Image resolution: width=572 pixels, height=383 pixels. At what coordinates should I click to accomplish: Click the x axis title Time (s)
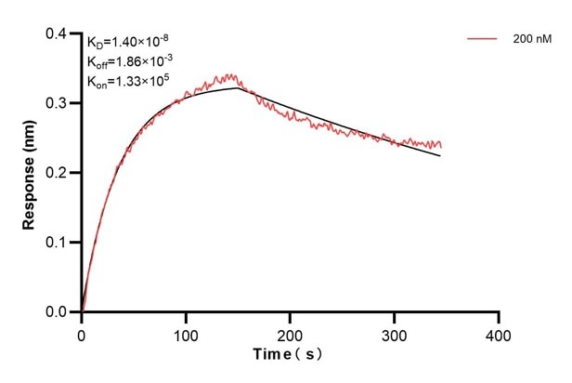[290, 355]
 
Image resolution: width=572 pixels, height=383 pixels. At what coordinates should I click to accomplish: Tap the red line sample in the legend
[483, 39]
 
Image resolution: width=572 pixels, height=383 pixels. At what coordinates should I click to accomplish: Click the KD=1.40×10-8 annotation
[127, 41]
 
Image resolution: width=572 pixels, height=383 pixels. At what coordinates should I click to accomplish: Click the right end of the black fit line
[440, 155]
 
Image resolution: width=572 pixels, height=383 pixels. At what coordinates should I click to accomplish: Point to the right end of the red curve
[441, 147]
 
